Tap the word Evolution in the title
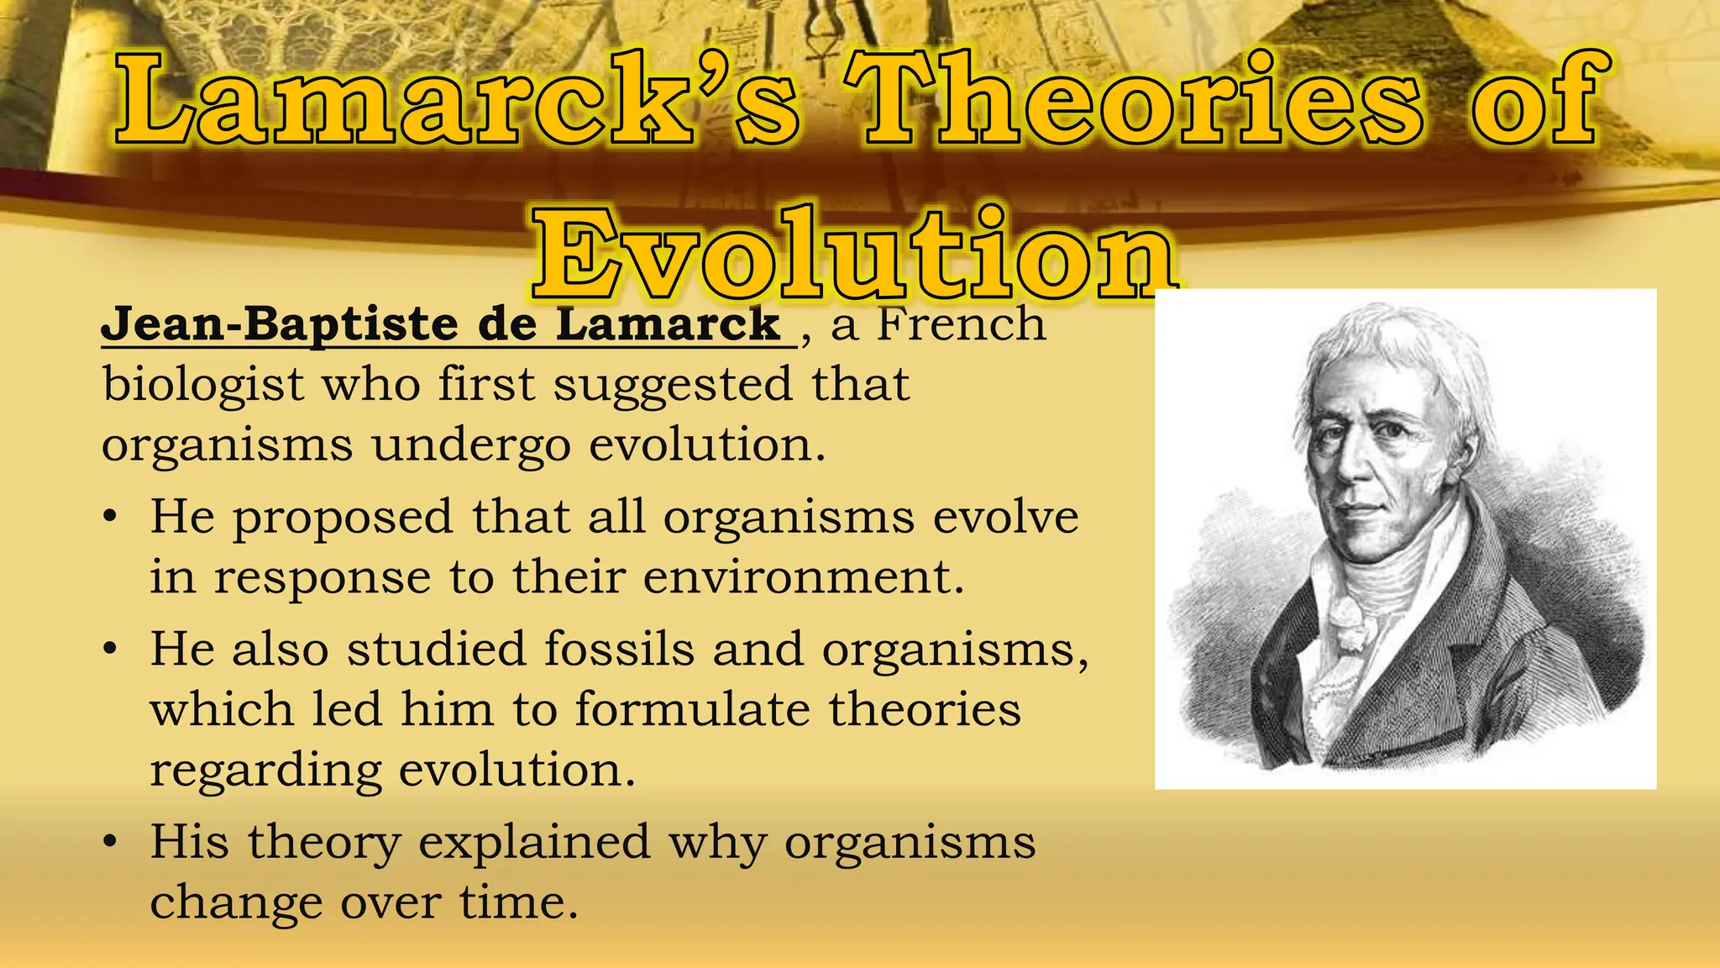tap(852, 252)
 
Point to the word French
tap(962, 324)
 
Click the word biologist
tap(202, 385)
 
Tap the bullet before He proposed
tap(110, 518)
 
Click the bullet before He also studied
tap(110, 650)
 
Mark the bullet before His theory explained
tap(110, 842)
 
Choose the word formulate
tap(692, 710)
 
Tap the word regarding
tap(265, 771)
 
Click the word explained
tap(534, 842)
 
